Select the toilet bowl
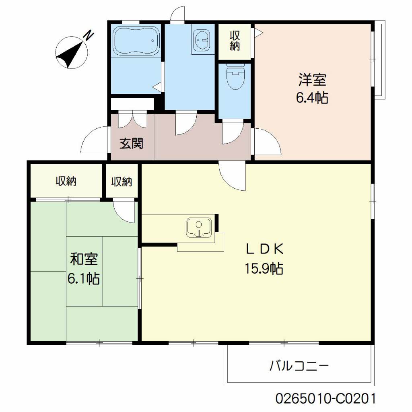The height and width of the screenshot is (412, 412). click(x=235, y=77)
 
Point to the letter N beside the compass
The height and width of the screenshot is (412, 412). click(x=89, y=35)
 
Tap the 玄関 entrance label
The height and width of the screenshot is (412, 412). click(x=132, y=144)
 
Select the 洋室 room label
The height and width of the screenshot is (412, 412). click(x=312, y=80)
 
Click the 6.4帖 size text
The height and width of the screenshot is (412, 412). click(x=312, y=98)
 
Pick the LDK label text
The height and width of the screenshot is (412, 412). click(x=265, y=249)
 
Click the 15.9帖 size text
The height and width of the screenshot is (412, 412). click(x=264, y=268)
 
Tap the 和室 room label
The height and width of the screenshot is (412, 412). click(x=84, y=259)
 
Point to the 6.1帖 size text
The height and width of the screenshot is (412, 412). click(x=84, y=278)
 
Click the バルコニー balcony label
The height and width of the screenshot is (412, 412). click(x=299, y=365)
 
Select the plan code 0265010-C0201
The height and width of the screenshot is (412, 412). click(x=325, y=399)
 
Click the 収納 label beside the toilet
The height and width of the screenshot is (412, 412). click(x=235, y=41)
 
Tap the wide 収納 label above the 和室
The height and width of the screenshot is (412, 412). click(x=66, y=181)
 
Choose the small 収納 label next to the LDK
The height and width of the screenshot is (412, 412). click(x=122, y=181)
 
